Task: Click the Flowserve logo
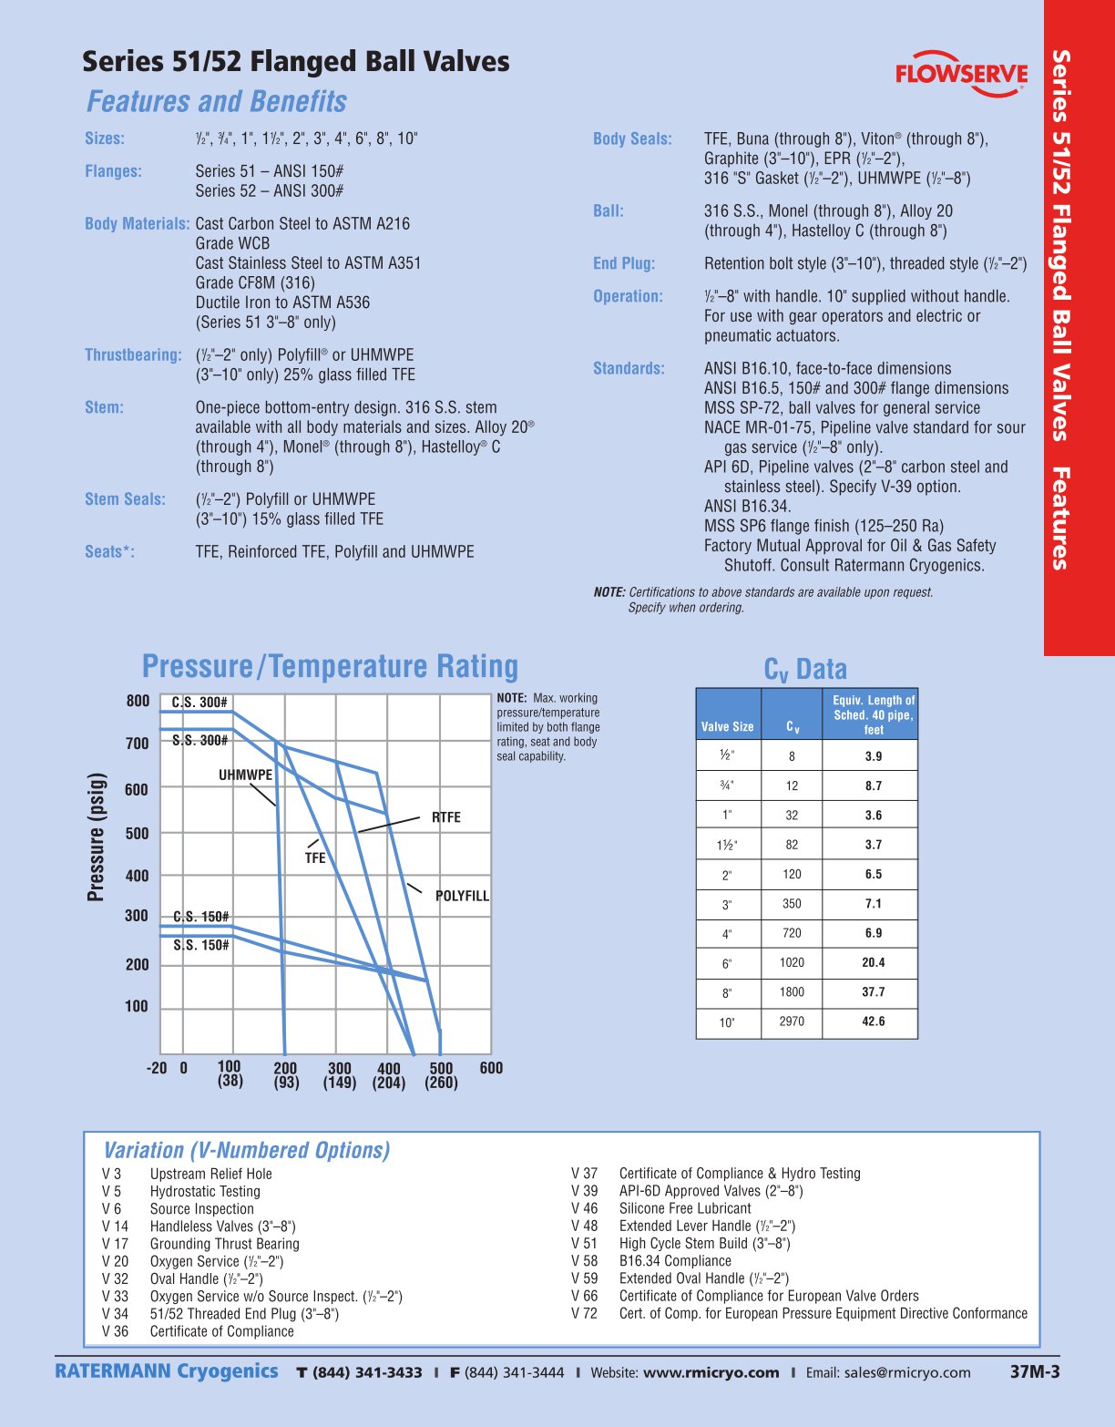pyautogui.click(x=961, y=71)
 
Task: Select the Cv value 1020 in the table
pyautogui.click(x=792, y=962)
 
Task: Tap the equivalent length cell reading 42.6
pyautogui.click(x=873, y=1021)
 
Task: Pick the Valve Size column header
pyautogui.click(x=727, y=726)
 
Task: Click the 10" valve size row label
pyautogui.click(x=727, y=1022)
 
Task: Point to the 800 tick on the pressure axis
pyautogui.click(x=138, y=701)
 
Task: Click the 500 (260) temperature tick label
pyautogui.click(x=441, y=1074)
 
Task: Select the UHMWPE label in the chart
pyautogui.click(x=245, y=775)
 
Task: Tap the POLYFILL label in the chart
pyautogui.click(x=462, y=896)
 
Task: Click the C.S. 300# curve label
pyautogui.click(x=199, y=703)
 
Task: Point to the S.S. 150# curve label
pyautogui.click(x=201, y=945)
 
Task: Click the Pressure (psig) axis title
pyautogui.click(x=96, y=837)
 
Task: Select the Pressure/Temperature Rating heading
pyautogui.click(x=330, y=666)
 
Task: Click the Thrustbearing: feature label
pyautogui.click(x=133, y=354)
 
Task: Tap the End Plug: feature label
pyautogui.click(x=624, y=263)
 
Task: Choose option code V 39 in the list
pyautogui.click(x=585, y=1191)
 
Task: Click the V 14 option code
pyautogui.click(x=116, y=1227)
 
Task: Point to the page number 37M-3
pyautogui.click(x=1035, y=1371)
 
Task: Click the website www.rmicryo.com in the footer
pyautogui.click(x=711, y=1372)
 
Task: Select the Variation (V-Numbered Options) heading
pyautogui.click(x=247, y=1150)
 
